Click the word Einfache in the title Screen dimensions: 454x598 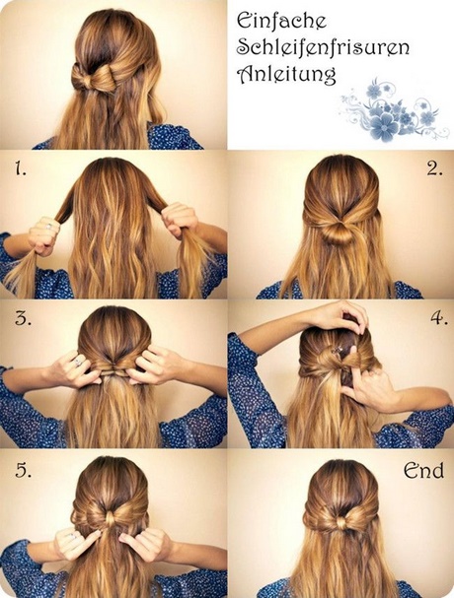(x=281, y=21)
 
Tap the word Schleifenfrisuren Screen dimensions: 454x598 (x=323, y=47)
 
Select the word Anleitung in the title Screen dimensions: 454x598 (x=286, y=74)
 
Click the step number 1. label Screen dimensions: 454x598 (x=21, y=168)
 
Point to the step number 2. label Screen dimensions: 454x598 (x=435, y=168)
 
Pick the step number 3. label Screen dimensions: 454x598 (x=23, y=317)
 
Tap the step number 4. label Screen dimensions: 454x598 (x=439, y=317)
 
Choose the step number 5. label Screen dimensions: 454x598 (x=24, y=470)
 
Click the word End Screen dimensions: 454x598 (x=423, y=470)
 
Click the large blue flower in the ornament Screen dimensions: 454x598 (x=383, y=126)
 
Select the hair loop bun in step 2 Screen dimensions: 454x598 (x=338, y=233)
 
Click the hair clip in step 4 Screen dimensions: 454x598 (x=339, y=350)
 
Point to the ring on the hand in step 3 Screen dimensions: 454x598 (x=78, y=362)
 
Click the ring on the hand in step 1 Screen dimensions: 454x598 (x=49, y=227)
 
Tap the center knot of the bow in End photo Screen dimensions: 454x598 (x=340, y=523)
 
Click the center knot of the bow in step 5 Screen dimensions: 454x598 (x=111, y=519)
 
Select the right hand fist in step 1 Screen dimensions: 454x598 (x=180, y=220)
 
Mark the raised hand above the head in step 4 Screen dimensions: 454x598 (x=342, y=312)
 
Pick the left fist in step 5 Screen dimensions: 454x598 (x=73, y=544)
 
